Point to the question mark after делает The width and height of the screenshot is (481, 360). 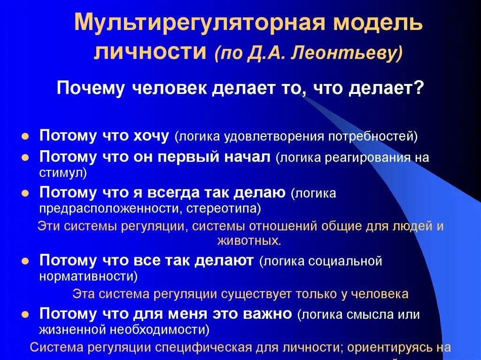[x=419, y=88]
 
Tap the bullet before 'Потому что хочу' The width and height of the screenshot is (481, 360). [x=25, y=136]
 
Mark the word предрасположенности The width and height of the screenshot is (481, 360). [x=110, y=207]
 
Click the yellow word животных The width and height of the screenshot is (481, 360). [x=248, y=241]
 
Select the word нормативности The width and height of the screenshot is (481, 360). [x=86, y=276]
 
